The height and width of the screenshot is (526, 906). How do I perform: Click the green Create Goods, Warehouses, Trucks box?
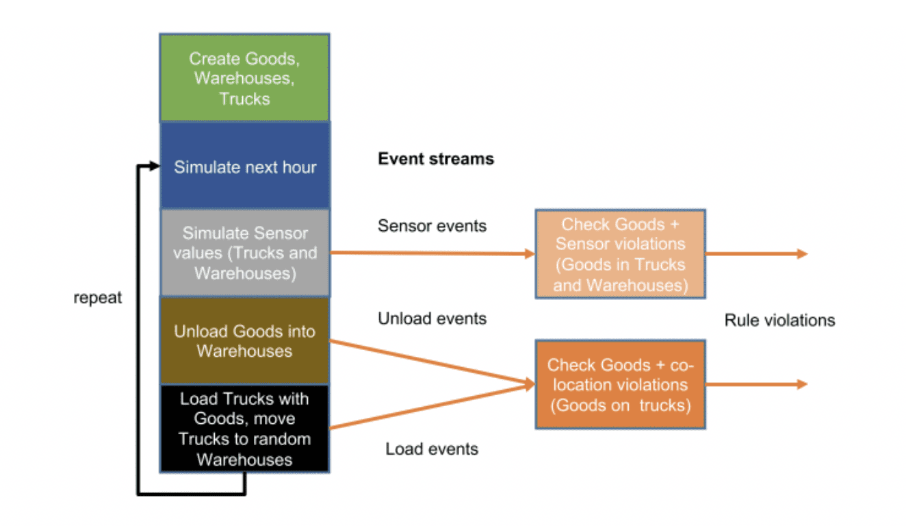[244, 77]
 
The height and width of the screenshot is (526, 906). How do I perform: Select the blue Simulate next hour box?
[244, 166]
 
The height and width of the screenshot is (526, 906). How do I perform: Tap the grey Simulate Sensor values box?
[244, 253]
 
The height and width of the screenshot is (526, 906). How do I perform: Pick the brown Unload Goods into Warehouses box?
[244, 340]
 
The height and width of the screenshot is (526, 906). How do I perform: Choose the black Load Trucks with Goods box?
[244, 429]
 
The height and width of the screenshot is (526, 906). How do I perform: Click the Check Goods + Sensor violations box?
[620, 254]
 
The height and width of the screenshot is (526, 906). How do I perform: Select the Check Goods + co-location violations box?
[620, 384]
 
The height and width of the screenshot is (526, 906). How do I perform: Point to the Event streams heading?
[436, 159]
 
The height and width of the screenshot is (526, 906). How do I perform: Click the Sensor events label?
[432, 225]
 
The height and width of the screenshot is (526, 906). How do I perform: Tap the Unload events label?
[432, 318]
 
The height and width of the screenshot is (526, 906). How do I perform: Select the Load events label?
[432, 449]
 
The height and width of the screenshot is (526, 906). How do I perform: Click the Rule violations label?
[779, 320]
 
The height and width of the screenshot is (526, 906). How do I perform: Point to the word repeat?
[98, 298]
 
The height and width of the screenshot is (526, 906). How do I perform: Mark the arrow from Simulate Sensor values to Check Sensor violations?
[431, 253]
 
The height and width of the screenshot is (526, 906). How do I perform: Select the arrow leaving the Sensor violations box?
[756, 254]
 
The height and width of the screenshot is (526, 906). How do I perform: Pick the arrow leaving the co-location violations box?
[756, 384]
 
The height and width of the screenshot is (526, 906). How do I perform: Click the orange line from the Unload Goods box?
[431, 362]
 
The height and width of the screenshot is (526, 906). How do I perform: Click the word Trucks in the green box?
[244, 99]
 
